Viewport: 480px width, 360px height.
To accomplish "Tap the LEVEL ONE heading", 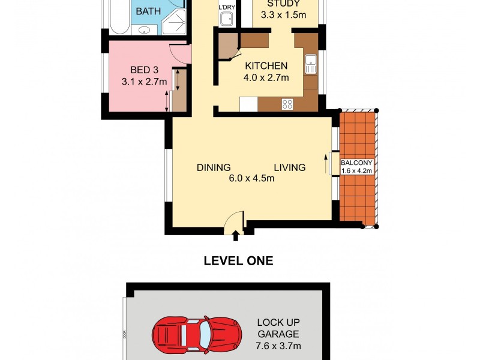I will tap(238, 260).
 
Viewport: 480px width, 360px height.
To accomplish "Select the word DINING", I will tap(214, 167).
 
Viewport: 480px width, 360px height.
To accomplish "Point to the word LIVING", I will tap(290, 167).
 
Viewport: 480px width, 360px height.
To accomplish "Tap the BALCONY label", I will tap(357, 163).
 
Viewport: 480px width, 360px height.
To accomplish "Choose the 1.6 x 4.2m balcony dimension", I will tap(357, 171).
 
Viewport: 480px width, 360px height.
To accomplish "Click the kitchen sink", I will tap(310, 64).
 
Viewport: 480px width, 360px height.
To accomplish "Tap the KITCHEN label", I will tap(266, 66).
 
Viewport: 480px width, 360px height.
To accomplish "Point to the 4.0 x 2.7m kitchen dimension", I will tap(266, 77).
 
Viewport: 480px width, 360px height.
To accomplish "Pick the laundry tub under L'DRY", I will tap(226, 20).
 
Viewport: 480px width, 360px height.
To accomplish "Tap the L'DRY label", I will tap(227, 7).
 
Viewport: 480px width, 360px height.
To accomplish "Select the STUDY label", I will tap(283, 3).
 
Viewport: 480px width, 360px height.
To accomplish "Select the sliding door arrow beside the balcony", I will tap(326, 163).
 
